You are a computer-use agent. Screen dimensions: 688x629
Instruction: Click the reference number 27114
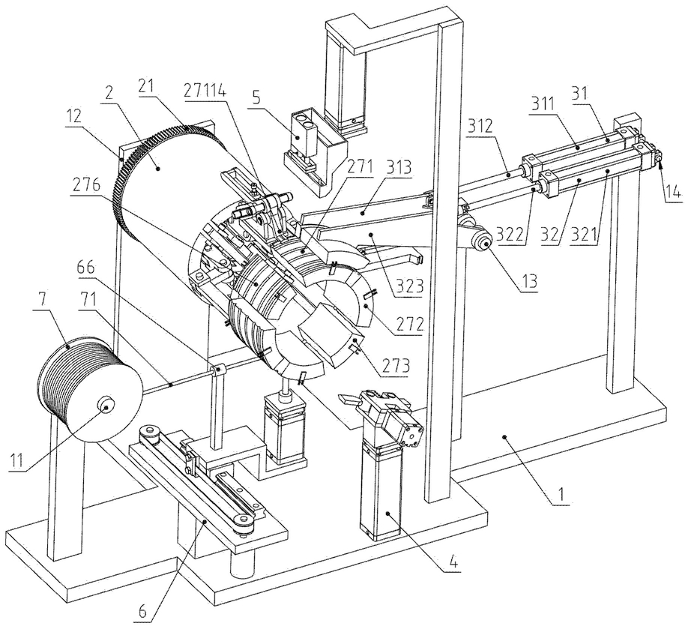tap(206, 93)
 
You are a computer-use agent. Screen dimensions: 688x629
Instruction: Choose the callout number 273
tap(396, 365)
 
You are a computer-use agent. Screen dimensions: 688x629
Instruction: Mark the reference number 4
tap(453, 562)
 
